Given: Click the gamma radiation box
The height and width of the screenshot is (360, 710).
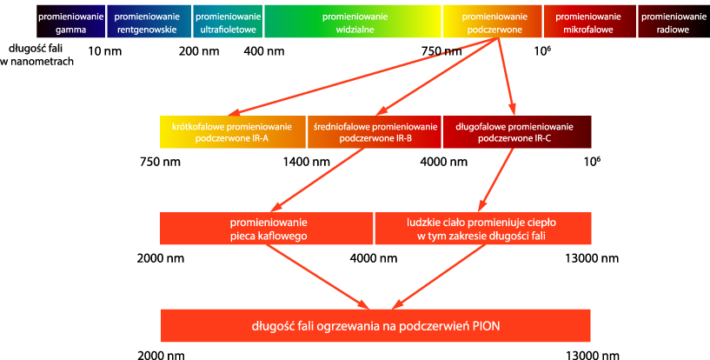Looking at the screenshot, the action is coord(71,21).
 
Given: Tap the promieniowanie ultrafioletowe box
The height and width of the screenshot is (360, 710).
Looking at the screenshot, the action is coord(228,21).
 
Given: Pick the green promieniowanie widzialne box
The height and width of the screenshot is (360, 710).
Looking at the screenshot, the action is coord(353,21).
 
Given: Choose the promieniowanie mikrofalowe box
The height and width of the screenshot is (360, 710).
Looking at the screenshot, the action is coord(590,21).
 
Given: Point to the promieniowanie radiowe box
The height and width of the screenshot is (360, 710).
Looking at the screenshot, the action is coord(674,21).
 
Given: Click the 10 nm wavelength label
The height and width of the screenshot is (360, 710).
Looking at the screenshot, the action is coord(104,51).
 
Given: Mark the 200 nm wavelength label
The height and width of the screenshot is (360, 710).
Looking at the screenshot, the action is coord(199,51).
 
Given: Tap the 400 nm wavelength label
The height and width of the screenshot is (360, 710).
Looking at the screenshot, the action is coord(264,51).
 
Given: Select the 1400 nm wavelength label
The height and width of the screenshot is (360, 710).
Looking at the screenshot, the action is coord(307,162).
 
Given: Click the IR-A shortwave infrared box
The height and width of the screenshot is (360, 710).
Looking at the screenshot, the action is coord(233,132).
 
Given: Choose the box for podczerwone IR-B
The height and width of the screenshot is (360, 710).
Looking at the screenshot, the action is coord(375,132).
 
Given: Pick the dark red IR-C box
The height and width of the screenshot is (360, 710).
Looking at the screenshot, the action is coord(517,132).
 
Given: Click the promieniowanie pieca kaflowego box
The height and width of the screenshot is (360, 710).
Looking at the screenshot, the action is coord(267,228).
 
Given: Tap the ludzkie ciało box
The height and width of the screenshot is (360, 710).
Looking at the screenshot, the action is coord(483,228).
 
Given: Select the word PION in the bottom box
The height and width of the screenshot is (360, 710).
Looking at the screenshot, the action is coord(487,326).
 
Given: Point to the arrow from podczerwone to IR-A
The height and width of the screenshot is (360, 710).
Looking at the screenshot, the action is coord(362,76).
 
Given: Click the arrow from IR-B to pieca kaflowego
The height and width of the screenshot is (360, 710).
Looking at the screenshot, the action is coord(317,180).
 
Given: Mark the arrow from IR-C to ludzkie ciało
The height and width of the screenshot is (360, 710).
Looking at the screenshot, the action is coord(496,180).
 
